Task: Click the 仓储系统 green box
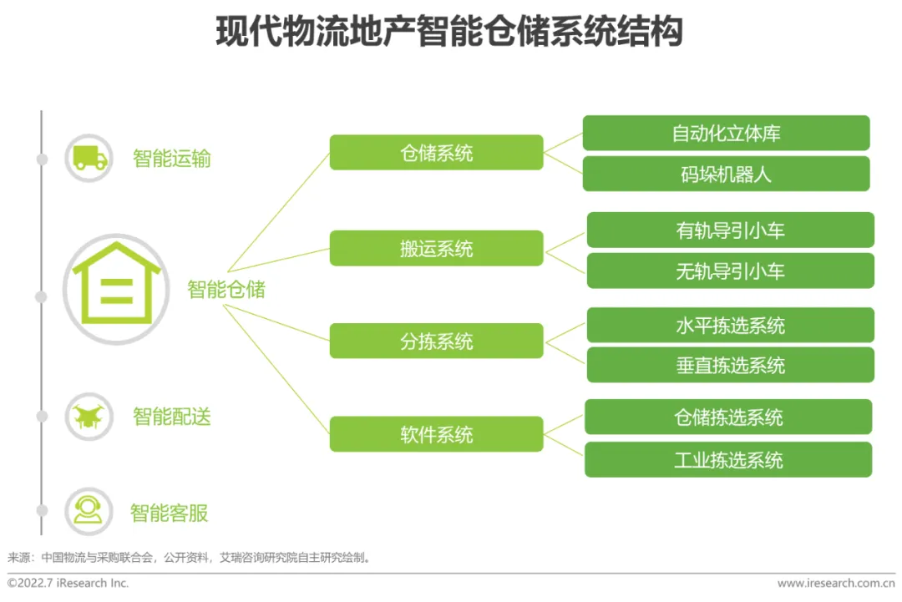click(436, 153)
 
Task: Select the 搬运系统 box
click(436, 248)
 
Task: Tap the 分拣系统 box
click(436, 341)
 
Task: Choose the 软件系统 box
click(436, 434)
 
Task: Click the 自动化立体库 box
click(726, 134)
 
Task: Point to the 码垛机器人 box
click(726, 174)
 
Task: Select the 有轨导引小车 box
click(730, 230)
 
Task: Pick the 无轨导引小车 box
click(730, 271)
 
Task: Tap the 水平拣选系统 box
click(730, 325)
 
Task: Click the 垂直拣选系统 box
click(730, 365)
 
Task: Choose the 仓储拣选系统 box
click(727, 417)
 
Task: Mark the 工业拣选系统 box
click(727, 459)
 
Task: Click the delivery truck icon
click(89, 158)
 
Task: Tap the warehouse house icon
click(116, 289)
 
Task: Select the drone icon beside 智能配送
click(89, 416)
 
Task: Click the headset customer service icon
click(89, 511)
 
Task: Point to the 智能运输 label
click(172, 159)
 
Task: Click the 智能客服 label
click(170, 512)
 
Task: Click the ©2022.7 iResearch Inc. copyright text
click(68, 583)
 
